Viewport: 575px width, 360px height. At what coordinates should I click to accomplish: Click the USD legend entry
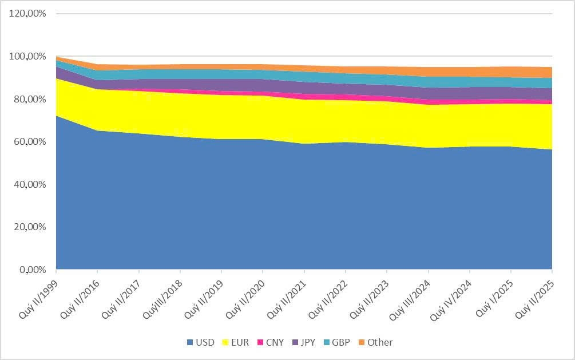click(x=200, y=342)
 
